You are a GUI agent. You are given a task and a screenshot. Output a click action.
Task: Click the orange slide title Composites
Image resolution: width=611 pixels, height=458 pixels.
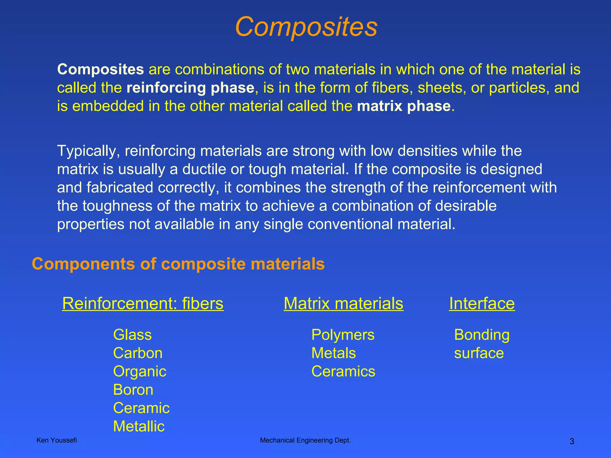coord(306,27)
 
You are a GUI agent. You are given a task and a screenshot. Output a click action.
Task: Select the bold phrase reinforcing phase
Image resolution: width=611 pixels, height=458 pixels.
coord(190,88)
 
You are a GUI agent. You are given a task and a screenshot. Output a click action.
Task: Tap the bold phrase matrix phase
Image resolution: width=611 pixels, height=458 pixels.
coord(404,106)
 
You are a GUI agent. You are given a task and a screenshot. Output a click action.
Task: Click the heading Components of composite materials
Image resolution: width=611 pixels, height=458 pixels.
coord(178,264)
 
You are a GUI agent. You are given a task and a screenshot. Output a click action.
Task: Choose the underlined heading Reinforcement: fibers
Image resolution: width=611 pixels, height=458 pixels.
coord(143,304)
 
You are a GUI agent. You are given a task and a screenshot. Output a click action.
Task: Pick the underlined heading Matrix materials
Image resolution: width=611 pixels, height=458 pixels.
coord(343,304)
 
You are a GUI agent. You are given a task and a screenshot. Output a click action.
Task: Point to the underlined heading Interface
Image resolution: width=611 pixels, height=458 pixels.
coord(482,304)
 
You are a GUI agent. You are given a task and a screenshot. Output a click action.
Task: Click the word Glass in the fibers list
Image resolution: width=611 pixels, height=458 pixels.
coord(132,335)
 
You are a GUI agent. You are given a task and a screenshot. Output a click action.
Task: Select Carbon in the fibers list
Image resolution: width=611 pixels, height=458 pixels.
coord(138,353)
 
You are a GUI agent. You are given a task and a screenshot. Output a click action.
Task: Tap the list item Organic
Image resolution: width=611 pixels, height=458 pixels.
coord(140,372)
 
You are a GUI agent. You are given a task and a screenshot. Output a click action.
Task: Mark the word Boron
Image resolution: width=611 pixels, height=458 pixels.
coord(133,390)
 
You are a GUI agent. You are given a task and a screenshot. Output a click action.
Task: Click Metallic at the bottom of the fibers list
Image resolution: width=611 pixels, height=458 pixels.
coord(139,426)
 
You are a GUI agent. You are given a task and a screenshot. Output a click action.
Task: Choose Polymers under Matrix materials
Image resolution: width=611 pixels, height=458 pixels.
coord(343,335)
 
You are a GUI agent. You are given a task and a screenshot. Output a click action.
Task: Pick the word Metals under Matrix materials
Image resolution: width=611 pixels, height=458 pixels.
coord(334,353)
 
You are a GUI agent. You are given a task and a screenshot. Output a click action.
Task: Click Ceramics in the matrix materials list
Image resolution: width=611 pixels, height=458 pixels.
coord(343,372)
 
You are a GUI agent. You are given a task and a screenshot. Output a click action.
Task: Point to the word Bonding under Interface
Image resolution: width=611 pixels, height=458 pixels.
coord(482,335)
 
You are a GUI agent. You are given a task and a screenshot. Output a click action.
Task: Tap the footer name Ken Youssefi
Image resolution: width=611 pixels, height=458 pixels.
coord(56,440)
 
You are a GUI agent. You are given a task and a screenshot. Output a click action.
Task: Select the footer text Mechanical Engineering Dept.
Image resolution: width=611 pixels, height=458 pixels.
coord(305,440)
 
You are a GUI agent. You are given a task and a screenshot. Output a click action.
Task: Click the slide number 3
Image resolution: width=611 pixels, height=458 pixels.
coord(572,442)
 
